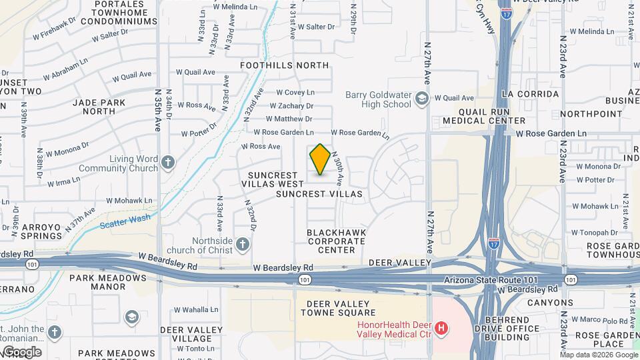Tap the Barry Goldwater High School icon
coord(421,99)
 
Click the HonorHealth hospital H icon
coord(441,328)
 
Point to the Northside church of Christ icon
coord(242,245)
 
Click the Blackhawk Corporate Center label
coord(331,241)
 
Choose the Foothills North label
coord(285,65)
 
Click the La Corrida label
coord(530,94)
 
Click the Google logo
coord(21,352)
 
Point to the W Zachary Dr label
coord(292,106)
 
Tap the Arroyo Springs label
coord(42,231)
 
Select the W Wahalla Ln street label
coord(196,309)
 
